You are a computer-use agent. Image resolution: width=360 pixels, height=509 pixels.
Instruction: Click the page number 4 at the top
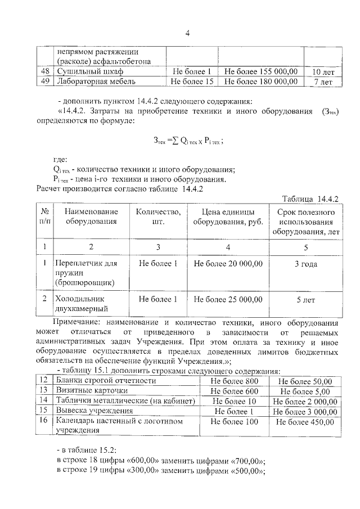187,33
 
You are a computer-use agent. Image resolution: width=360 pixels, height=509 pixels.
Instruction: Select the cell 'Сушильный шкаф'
89,72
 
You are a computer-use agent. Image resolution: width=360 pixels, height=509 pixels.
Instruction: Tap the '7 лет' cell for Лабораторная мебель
323,82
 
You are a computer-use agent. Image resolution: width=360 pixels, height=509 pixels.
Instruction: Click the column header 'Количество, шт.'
158,217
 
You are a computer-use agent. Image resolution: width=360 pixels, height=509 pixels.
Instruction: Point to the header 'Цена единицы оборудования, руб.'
228,217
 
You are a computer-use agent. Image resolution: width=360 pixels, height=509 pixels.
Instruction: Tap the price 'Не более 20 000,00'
228,263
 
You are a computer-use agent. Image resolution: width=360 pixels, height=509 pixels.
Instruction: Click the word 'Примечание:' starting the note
76,323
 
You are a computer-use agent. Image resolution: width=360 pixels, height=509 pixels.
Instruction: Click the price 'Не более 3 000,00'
305,411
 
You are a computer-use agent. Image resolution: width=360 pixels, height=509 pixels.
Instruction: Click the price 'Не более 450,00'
305,421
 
